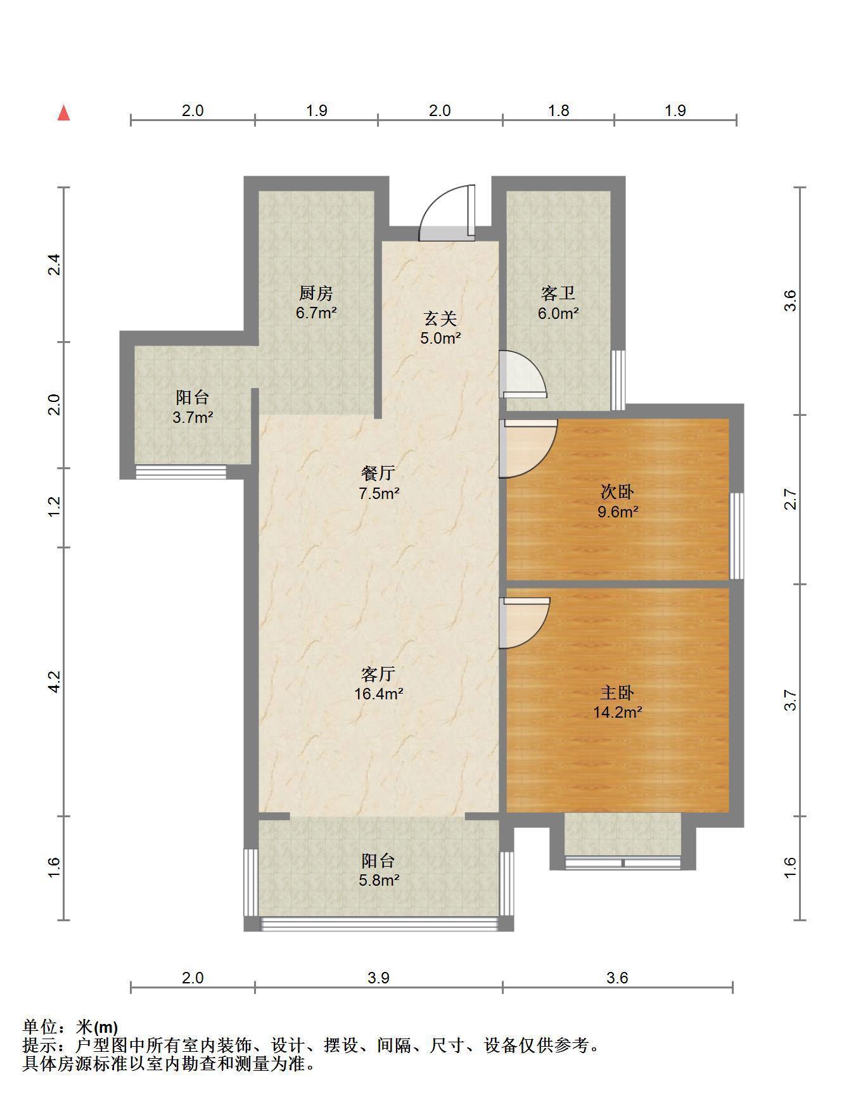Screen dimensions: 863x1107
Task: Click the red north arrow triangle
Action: pos(63,113)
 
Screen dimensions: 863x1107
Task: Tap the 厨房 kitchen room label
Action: pos(316,294)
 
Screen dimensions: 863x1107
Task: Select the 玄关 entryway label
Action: pos(440,319)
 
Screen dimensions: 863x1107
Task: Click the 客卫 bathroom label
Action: pos(558,294)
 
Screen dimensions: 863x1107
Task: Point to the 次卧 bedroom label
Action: pos(617,492)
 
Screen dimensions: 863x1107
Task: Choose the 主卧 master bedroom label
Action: pos(617,693)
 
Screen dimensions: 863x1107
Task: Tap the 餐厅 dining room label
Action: pos(378,473)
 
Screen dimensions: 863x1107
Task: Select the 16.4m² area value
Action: pos(379,694)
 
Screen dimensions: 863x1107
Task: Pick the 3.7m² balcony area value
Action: pos(193,417)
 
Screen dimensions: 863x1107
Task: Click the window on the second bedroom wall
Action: pos(736,536)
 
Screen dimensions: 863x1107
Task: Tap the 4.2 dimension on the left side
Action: pos(54,682)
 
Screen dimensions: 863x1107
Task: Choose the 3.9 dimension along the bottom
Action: pos(378,978)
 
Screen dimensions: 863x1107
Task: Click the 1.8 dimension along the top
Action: pos(558,110)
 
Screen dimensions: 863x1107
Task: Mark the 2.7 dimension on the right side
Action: pos(789,500)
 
